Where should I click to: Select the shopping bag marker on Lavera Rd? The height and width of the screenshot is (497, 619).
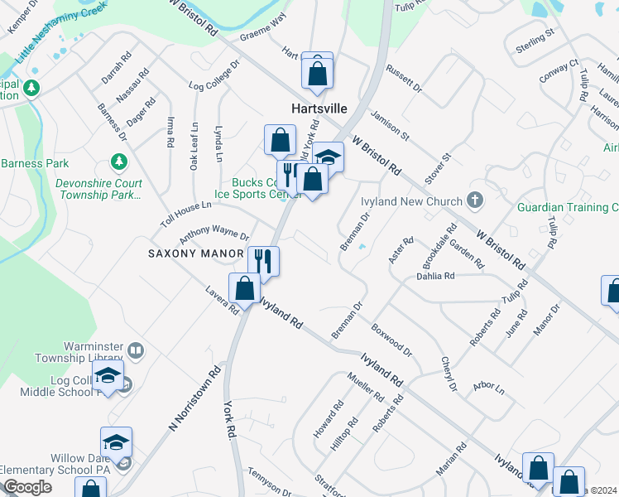pyautogui.click(x=244, y=290)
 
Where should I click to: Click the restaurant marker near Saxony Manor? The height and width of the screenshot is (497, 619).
pyautogui.click(x=264, y=261)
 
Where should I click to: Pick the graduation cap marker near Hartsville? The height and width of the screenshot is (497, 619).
pyautogui.click(x=329, y=157)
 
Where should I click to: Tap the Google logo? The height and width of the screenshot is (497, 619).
pyautogui.click(x=28, y=488)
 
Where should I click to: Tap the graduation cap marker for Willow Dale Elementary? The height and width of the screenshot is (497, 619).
pyautogui.click(x=117, y=442)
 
